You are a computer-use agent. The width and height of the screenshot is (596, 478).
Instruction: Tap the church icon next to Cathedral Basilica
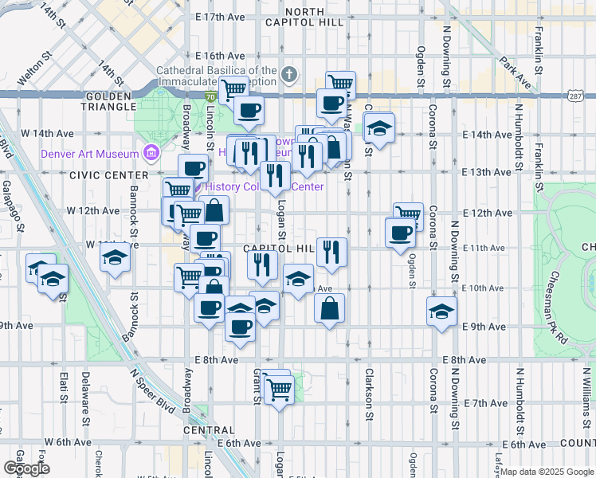288,76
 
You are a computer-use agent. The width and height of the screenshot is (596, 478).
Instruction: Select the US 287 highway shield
575,96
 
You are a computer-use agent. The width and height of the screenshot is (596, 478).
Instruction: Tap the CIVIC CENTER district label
108,174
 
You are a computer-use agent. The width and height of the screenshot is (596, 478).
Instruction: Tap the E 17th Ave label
221,18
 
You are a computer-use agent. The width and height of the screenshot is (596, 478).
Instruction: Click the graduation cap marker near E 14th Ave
379,127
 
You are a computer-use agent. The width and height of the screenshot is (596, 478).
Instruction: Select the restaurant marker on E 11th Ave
331,251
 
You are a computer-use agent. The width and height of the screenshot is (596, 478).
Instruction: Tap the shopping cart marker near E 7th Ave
279,390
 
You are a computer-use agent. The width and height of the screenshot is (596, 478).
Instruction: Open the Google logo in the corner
27,468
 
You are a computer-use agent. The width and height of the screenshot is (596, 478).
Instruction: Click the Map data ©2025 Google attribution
546,472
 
